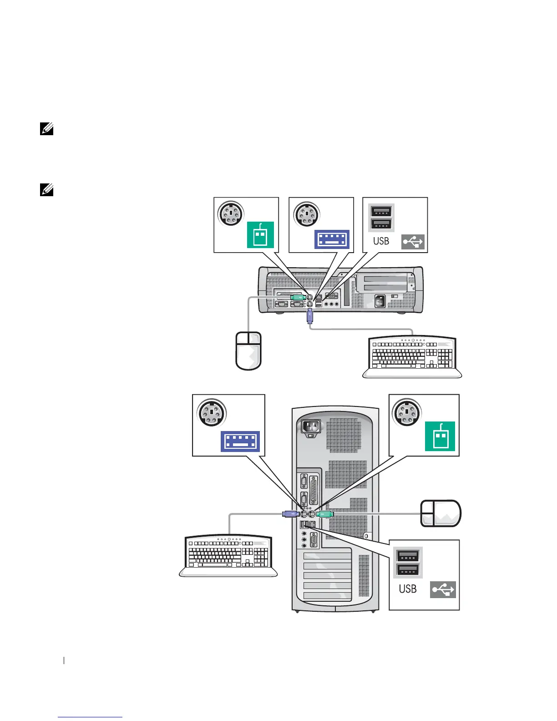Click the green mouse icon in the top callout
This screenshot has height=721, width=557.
pos(260,235)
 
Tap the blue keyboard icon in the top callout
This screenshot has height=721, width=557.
pos(332,239)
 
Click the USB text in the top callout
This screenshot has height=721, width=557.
pos(381,241)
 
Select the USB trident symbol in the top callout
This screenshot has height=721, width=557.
pos(413,242)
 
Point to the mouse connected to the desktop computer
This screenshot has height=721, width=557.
pos(248,350)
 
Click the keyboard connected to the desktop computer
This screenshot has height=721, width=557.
pos(412,357)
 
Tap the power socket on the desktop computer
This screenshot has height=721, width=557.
pos(379,301)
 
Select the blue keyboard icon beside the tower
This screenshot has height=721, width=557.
pos(240,442)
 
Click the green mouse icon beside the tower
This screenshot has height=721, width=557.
pos(440,436)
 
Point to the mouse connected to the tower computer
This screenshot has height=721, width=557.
pos(441,513)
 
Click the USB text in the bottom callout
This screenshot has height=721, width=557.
pos(407,589)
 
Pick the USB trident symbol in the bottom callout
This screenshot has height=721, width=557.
pos(443,590)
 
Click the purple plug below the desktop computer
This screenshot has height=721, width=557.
pos(310,316)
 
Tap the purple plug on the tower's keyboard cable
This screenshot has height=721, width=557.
pos(290,514)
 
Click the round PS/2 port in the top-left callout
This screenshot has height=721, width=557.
pos(231,214)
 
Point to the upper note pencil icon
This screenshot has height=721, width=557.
pos(47,130)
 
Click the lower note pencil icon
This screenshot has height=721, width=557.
pos(47,190)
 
